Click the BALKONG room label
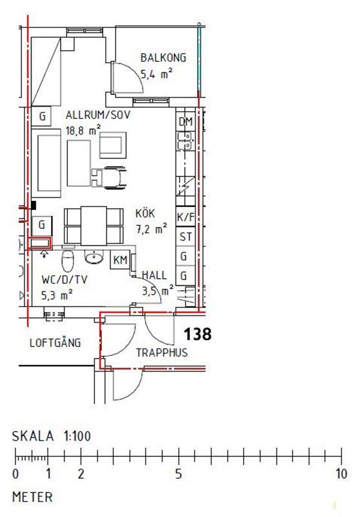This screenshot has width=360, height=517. (163, 58)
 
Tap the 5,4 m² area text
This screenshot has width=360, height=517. (156, 74)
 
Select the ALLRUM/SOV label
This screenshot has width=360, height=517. (98, 115)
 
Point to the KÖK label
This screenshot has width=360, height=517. (145, 213)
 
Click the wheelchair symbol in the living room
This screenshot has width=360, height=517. (109, 178)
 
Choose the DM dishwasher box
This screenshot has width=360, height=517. (185, 121)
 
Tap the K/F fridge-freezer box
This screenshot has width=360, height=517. (185, 216)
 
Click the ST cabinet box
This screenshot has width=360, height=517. (185, 237)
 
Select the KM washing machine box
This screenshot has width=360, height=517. (120, 260)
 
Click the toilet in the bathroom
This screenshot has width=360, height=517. (68, 259)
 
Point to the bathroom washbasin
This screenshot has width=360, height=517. (94, 257)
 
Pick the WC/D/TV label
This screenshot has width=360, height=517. (65, 280)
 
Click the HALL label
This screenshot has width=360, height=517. (154, 275)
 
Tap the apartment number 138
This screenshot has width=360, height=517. (198, 334)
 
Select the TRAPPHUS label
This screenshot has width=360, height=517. (162, 352)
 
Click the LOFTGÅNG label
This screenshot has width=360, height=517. (55, 343)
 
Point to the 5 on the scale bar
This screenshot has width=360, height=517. (178, 474)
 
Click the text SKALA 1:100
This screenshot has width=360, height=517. (52, 436)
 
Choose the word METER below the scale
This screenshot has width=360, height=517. (32, 497)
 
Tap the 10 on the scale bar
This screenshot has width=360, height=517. (341, 474)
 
